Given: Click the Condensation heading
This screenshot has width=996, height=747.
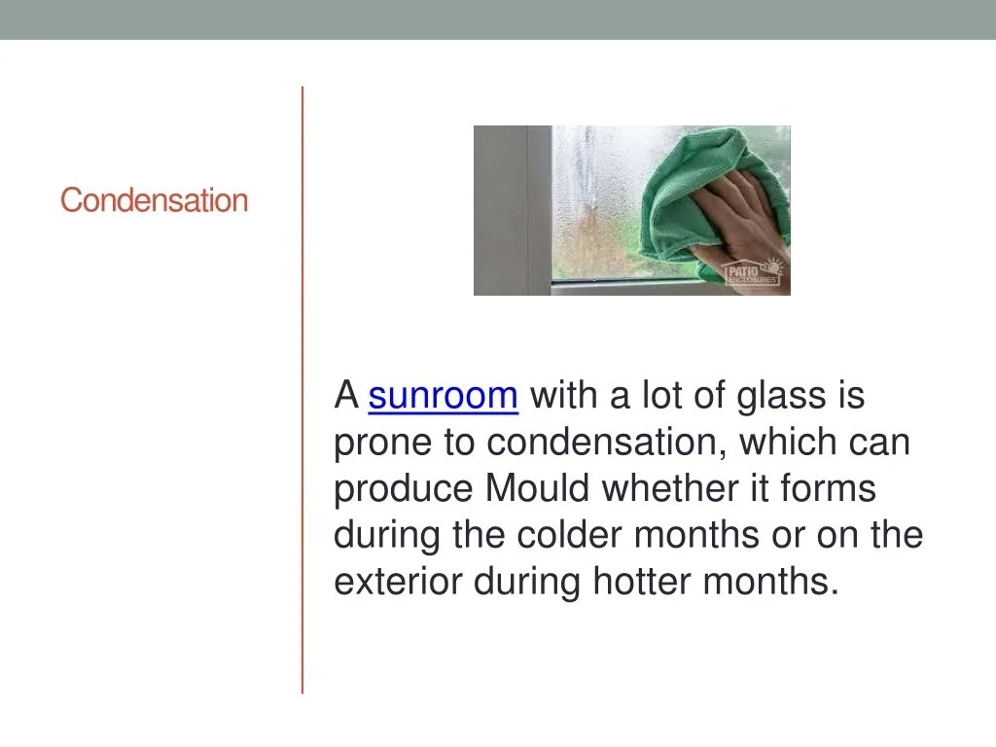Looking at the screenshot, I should [x=154, y=201].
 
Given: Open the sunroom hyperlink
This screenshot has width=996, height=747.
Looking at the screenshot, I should [x=443, y=397].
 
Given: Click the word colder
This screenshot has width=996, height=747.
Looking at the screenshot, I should [x=573, y=536].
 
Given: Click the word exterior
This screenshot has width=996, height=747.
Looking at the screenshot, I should [x=399, y=582].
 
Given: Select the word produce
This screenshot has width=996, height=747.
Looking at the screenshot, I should [x=404, y=489].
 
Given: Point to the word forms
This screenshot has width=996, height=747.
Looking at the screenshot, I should [x=828, y=489].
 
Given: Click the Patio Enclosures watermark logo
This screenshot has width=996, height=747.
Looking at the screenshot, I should [x=752, y=271].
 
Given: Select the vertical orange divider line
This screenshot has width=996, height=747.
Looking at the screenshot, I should [x=302, y=389].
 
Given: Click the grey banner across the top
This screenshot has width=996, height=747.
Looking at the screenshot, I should [x=498, y=19].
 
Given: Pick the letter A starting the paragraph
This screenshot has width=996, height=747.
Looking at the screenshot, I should [x=345, y=397].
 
